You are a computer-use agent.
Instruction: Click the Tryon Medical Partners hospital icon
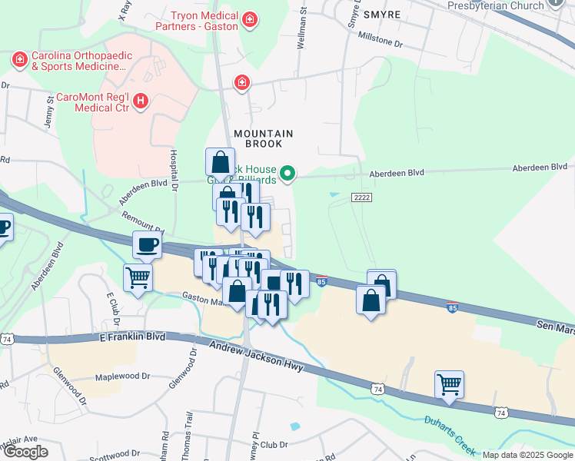pyautogui.click(x=249, y=18)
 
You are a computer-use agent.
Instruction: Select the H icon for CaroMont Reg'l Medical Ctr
pyautogui.click(x=140, y=101)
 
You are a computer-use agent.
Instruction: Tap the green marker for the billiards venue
pyautogui.click(x=287, y=174)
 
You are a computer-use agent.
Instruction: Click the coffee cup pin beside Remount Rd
pyautogui.click(x=148, y=245)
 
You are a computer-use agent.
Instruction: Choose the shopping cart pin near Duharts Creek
pyautogui.click(x=449, y=383)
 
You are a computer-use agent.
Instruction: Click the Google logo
pyautogui.click(x=25, y=451)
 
